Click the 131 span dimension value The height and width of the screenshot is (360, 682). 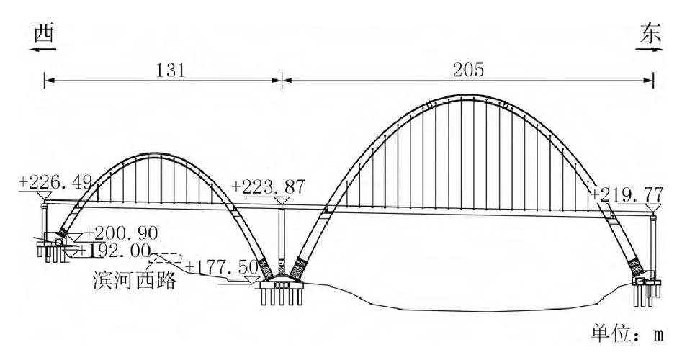click(171, 70)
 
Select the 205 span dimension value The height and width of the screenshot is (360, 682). click(468, 70)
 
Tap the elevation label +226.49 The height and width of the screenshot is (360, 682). click(55, 182)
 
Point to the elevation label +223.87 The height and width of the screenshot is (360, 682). click(268, 187)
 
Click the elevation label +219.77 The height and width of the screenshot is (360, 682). click(627, 194)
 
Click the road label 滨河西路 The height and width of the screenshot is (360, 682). click(135, 280)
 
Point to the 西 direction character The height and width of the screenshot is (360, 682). click(45, 33)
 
